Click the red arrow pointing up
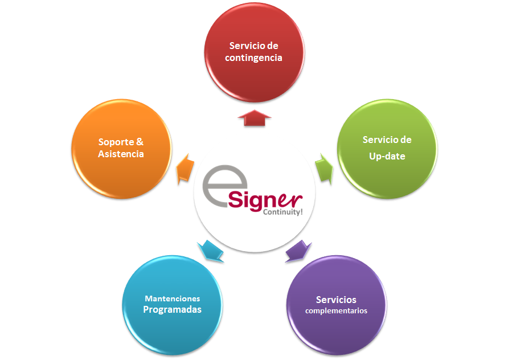pyautogui.click(x=254, y=118)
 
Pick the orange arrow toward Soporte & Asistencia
pyautogui.click(x=183, y=169)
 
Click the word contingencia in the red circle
pyautogui.click(x=253, y=58)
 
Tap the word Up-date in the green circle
pyautogui.click(x=387, y=156)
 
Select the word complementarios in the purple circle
pyautogui.click(x=336, y=311)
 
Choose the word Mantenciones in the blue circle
pyautogui.click(x=172, y=298)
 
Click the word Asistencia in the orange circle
pyautogui.click(x=121, y=154)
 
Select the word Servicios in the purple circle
pyautogui.click(x=336, y=300)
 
